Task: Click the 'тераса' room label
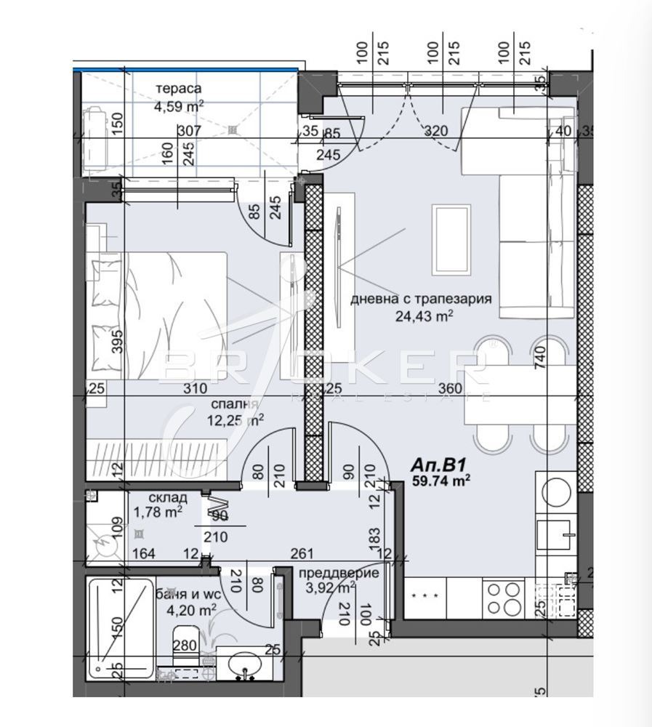(178, 89)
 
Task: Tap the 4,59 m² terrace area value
(178, 107)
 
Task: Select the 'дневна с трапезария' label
(422, 299)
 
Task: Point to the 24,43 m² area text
(424, 316)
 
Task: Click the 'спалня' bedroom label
(235, 403)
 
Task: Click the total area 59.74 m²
(440, 480)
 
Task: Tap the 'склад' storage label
(168, 498)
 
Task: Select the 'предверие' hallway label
(339, 573)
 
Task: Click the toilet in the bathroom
(185, 647)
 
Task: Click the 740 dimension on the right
(560, 358)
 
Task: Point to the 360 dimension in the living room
(451, 390)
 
